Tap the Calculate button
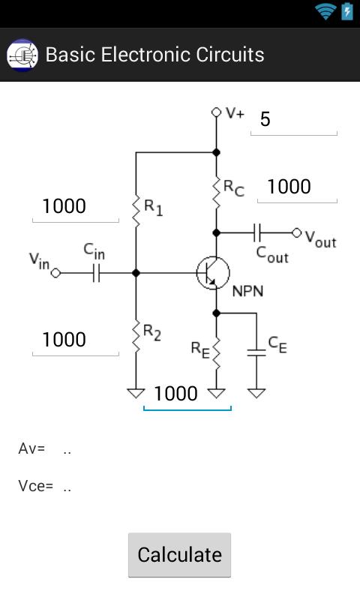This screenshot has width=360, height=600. coord(179,555)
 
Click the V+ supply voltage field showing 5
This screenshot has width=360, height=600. coord(293,120)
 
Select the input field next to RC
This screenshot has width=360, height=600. coord(296,187)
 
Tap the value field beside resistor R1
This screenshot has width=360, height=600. coord(75,206)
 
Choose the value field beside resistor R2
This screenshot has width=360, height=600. coord(75,340)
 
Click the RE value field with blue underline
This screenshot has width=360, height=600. coord(187,394)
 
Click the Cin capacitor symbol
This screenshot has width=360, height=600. coord(95,274)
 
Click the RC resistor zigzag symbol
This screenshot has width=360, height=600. coord(216,192)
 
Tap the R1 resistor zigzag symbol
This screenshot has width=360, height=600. coord(136,210)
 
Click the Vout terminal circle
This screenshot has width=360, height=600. coord(296,232)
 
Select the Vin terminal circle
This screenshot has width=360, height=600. coord(55,274)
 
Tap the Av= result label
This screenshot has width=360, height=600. coord(31,449)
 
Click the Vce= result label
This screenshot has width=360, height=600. coord(35,486)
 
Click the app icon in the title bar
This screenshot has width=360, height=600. coord(22,55)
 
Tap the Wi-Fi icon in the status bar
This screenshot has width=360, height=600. coord(325,11)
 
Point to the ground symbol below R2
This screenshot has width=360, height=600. coord(136,392)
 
